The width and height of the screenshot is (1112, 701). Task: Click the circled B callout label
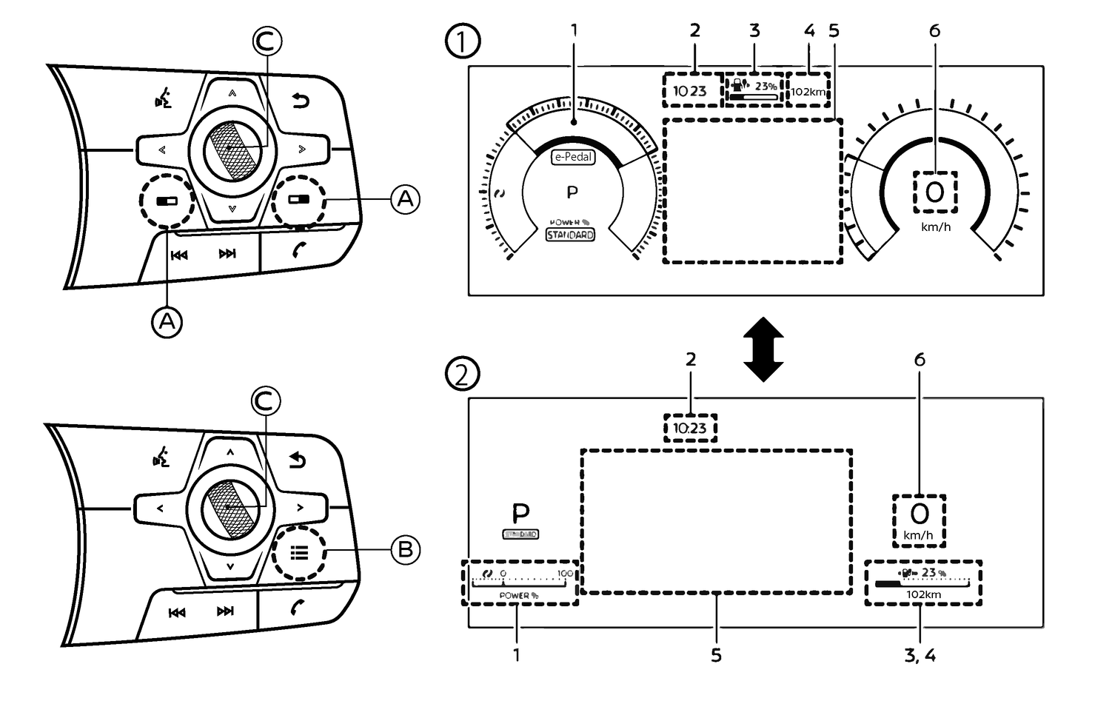pos(405,549)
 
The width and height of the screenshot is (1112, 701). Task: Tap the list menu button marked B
pos(299,553)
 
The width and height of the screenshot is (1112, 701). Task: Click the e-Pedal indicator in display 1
pos(574,157)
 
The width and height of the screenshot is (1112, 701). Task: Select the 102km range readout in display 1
pos(808,92)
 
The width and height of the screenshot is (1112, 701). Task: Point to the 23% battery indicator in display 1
pos(754,90)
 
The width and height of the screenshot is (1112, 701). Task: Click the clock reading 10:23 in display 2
pos(690,429)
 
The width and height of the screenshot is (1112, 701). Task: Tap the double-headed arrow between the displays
pos(763,349)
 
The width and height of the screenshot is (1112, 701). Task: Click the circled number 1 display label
pos(462,41)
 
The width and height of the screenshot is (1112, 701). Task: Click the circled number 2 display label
pos(462,374)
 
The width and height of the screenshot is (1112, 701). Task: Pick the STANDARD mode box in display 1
pos(570,235)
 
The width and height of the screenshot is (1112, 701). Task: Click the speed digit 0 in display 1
pos(935,192)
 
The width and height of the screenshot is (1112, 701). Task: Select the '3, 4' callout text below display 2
pos(920,656)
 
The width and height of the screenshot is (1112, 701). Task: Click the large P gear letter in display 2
pos(521,513)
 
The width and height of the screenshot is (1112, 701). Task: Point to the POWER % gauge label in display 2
pos(518,595)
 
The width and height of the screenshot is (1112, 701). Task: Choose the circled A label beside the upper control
pos(405,199)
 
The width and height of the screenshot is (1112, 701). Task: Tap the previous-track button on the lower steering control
pos(177,612)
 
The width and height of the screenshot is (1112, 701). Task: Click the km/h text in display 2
pos(918,535)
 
